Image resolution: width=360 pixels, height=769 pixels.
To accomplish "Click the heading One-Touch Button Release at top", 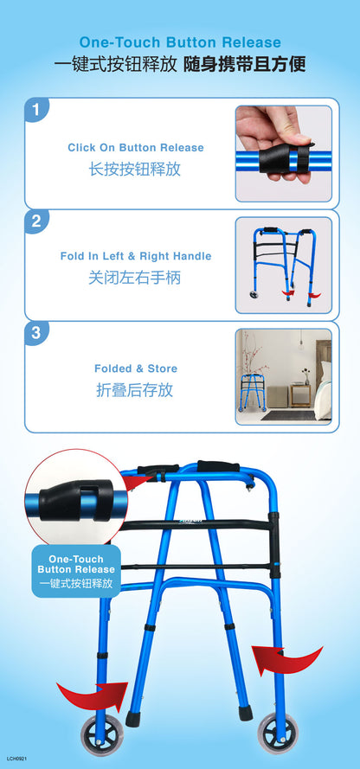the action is pos(180,42).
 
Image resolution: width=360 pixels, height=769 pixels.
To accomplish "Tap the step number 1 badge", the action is pos(36,109).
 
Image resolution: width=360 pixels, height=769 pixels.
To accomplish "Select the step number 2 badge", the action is pos(36,221).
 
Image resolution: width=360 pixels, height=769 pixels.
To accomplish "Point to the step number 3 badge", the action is pos(36,333).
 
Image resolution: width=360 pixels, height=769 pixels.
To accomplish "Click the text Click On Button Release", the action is pos(135,148).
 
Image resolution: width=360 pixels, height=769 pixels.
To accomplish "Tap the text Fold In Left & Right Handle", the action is pos(136,256).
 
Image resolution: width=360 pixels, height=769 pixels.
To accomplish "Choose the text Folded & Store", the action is pos(136,368).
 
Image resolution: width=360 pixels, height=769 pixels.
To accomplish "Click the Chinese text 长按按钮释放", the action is pos(135,170).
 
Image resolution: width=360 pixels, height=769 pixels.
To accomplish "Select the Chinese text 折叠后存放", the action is pos(134,390).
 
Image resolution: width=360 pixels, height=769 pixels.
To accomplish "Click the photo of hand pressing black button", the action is pos(284,153).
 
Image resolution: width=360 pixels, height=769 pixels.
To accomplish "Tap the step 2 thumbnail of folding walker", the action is pos(284,266).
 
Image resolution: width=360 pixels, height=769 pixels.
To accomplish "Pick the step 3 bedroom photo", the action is pos(284,376).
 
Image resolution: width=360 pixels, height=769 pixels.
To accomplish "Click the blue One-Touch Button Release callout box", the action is pos(76,571).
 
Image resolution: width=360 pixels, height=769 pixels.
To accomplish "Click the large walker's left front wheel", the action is pos(102,734).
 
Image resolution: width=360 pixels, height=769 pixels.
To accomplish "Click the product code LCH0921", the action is pos(16,759).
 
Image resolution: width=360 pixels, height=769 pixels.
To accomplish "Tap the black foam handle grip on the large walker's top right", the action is pos(218,466).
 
